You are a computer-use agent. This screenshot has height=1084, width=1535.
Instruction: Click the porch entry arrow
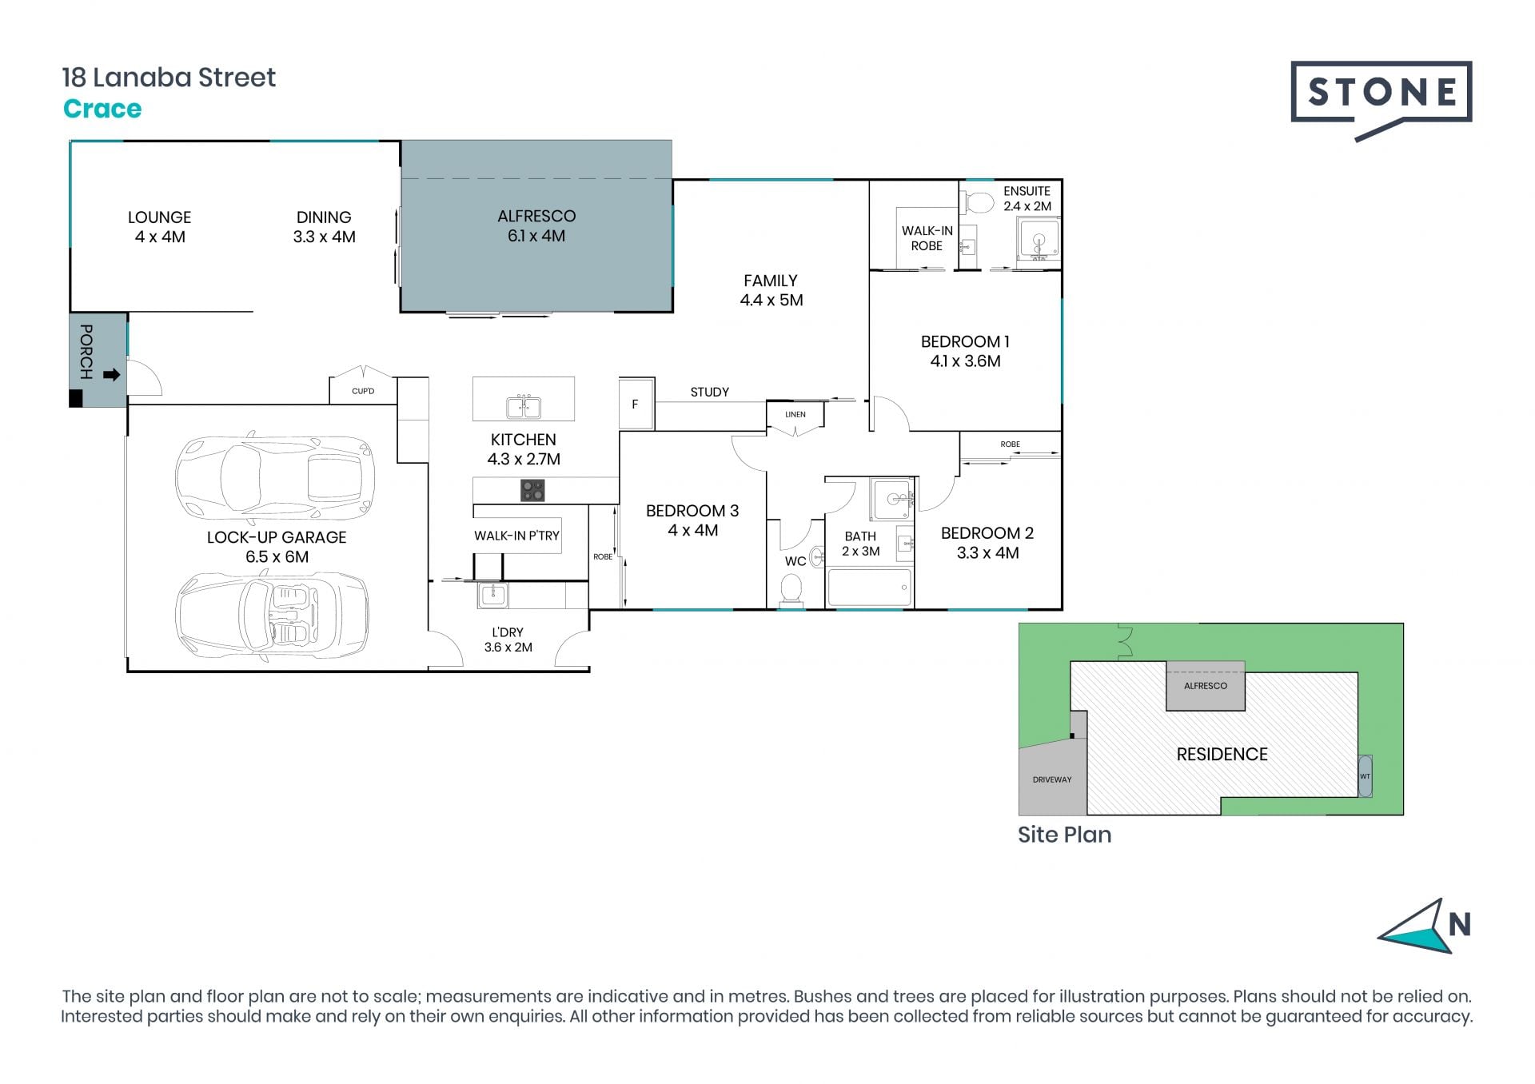pos(112,374)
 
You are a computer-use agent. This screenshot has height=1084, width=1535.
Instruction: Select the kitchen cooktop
pos(532,490)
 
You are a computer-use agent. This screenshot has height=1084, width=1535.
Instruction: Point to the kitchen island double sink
pos(524,407)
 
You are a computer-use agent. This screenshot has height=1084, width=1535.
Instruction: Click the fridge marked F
pos(636,404)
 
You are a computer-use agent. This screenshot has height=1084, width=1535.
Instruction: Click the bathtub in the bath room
pos(869,587)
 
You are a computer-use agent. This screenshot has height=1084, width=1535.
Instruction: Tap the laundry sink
pos(493,595)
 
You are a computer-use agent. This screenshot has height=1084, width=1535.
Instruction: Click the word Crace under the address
pos(102,109)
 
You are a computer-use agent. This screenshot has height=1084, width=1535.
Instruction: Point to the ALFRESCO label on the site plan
pos(1205,686)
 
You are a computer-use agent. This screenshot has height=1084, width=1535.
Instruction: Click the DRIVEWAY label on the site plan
pos(1051,779)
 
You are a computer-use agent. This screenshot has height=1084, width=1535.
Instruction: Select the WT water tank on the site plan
pos(1365,776)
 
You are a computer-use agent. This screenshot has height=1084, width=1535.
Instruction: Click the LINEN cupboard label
pos(795,414)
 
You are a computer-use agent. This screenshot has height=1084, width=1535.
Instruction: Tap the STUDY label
pos(710,392)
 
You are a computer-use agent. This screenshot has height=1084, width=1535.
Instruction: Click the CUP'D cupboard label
pos(363,391)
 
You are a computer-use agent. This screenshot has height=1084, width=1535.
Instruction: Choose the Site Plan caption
pos(1064,835)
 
